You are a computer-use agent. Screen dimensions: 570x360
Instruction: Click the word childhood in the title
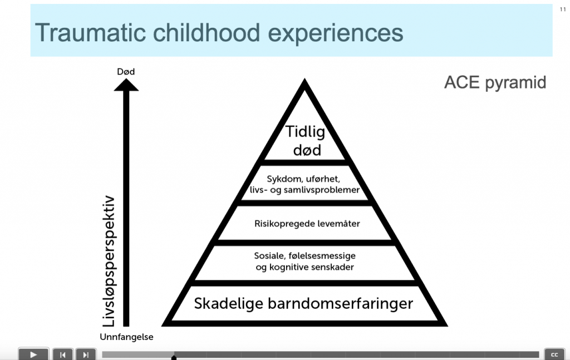[207, 33]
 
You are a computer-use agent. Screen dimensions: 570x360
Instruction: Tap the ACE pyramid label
[495, 83]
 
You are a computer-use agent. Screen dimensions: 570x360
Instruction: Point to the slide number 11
[563, 9]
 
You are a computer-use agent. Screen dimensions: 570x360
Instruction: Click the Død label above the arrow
[126, 72]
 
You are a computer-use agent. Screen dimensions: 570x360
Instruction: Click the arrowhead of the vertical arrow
[126, 85]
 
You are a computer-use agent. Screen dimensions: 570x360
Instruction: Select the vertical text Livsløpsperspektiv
[109, 261]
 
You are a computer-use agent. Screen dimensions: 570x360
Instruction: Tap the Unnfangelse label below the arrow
[126, 337]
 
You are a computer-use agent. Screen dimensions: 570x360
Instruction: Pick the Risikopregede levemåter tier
[307, 224]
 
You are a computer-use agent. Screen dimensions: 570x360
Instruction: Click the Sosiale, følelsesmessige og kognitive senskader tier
[304, 262]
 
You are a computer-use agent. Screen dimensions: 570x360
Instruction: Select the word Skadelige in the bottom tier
[229, 304]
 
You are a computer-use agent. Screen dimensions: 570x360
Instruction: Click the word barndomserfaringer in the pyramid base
[340, 304]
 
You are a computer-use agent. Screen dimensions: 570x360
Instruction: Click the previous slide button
[62, 355]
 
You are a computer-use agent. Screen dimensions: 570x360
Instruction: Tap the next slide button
[86, 355]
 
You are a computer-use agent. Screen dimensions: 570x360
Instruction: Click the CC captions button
[554, 354]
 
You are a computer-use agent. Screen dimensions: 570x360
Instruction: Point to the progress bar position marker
[174, 357]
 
